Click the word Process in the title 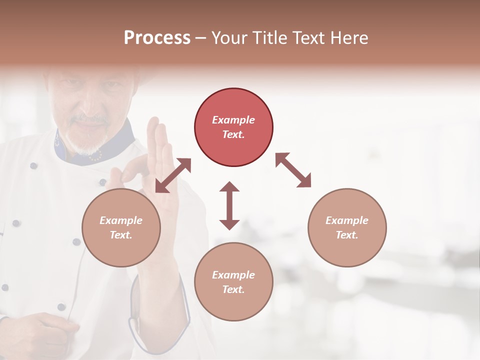coord(157,38)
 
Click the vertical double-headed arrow coord(229,205)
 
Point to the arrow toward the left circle coord(173,175)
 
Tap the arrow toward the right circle coord(293,170)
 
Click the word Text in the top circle coord(233,134)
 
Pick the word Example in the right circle coord(347,220)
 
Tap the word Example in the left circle coord(121,220)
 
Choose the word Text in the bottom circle coord(233,289)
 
